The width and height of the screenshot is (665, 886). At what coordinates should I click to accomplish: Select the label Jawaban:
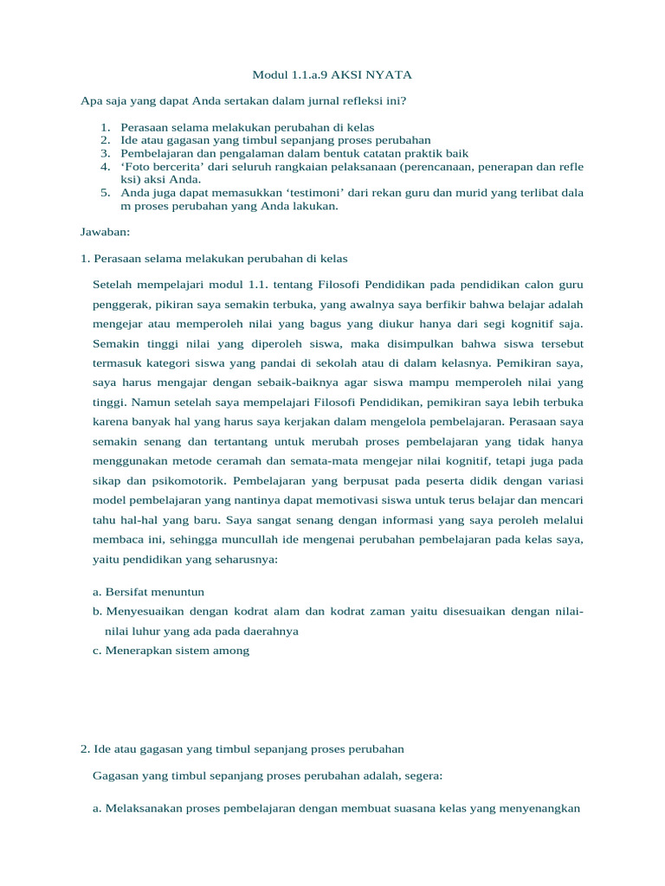point(103,233)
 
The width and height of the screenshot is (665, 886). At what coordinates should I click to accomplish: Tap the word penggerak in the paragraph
point(120,305)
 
